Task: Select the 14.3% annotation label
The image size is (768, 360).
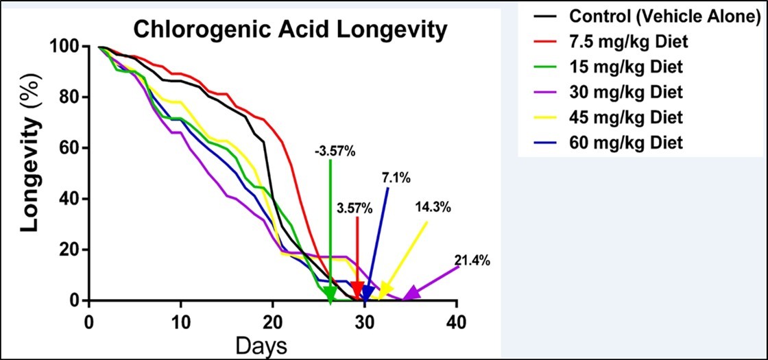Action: (433, 208)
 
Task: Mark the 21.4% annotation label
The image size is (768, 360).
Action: (472, 260)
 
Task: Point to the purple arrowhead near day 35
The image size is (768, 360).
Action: (411, 293)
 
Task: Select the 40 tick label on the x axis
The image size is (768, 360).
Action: (457, 322)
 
